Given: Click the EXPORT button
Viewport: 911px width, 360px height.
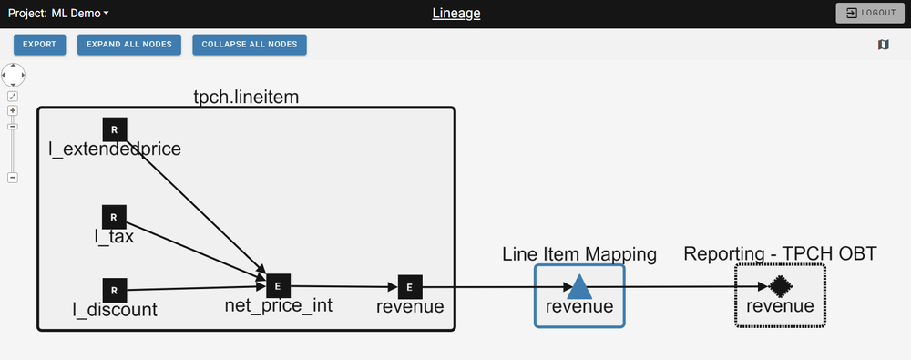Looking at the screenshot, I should (39, 44).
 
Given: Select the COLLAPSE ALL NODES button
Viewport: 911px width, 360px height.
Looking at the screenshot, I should (249, 44).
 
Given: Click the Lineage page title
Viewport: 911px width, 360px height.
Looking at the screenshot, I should (455, 13).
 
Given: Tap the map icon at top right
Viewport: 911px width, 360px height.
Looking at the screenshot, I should (883, 44).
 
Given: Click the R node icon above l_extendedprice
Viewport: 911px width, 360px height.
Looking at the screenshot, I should (114, 129).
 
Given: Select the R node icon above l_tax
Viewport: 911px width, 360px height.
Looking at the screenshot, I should (113, 217).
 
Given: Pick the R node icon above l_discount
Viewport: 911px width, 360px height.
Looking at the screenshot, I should (114, 290).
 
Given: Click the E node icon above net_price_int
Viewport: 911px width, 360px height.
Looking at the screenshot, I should (277, 286).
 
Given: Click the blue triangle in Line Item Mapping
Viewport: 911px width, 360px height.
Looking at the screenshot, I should (579, 287).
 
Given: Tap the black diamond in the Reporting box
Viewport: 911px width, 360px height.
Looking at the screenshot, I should (779, 286).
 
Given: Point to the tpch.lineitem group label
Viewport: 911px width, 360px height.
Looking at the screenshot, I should (245, 96).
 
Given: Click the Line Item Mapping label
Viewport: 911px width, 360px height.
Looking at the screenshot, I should (579, 254).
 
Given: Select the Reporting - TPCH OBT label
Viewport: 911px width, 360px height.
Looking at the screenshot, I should (780, 253).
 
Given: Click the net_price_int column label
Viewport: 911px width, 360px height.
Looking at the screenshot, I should (278, 306).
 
